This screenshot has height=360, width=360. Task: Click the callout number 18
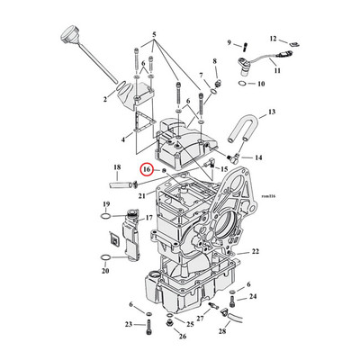(x=117, y=167)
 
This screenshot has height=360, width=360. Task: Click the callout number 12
(x=273, y=40)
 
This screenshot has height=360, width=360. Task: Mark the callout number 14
(x=258, y=157)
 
